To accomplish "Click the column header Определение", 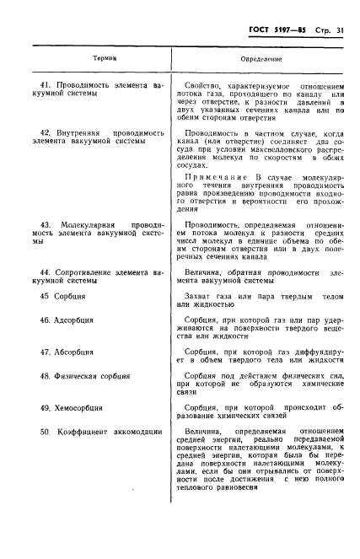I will [x=261, y=60].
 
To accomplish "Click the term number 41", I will [x=46, y=85].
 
